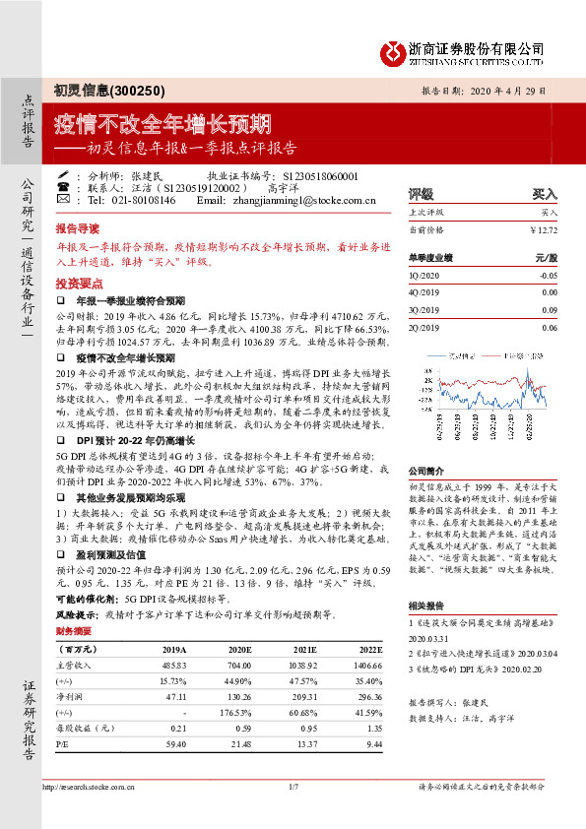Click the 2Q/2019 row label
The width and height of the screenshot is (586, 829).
tap(425, 327)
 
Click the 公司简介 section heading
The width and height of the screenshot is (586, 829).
tap(427, 472)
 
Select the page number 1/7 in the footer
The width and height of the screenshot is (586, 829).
tap(293, 788)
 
